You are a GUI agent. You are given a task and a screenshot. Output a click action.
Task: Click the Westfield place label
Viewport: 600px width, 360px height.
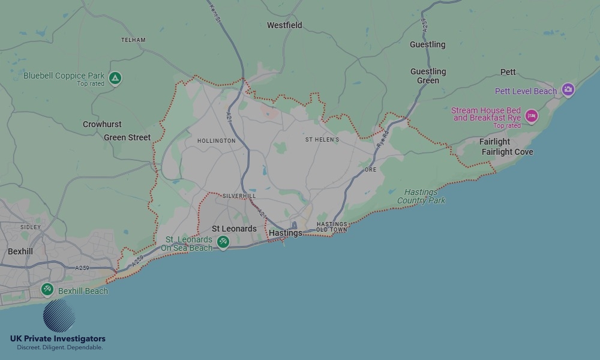[x=284, y=25]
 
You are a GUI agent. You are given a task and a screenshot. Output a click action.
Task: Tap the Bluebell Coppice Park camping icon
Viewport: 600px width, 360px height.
[x=115, y=77]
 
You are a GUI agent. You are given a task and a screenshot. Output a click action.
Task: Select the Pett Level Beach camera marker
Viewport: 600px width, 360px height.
[x=568, y=91]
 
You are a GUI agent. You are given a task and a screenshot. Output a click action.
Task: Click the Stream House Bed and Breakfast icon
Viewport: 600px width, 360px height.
[x=531, y=115]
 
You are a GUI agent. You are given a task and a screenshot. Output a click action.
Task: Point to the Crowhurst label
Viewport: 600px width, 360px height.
[x=102, y=124]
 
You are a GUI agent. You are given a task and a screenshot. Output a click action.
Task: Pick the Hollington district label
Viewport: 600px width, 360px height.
[x=216, y=141]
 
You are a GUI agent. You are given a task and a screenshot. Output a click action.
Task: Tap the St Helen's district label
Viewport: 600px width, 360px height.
[x=322, y=140]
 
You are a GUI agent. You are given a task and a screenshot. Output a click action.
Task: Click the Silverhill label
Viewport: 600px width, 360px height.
[x=239, y=196]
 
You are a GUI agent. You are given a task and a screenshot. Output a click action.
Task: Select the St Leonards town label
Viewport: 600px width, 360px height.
[x=234, y=229]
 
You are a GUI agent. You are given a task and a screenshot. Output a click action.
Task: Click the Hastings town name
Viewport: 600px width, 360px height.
[x=286, y=233]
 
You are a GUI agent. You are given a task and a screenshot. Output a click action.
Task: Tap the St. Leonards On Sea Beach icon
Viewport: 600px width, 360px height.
[x=223, y=242]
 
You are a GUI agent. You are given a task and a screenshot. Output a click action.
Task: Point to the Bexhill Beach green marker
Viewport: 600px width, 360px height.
[x=47, y=290]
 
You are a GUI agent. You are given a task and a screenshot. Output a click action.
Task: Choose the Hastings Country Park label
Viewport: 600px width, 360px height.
[x=421, y=196]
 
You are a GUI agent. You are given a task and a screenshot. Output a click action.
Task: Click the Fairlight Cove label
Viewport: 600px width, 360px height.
[x=507, y=152]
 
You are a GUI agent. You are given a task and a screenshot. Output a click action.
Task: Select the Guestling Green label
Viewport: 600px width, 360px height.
[x=428, y=76]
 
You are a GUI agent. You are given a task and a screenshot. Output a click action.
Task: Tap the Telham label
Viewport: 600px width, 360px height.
[x=133, y=40]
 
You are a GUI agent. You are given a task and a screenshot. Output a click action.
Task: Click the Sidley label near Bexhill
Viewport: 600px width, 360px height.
[x=31, y=227]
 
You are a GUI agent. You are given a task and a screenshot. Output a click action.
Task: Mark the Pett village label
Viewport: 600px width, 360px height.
[x=508, y=72]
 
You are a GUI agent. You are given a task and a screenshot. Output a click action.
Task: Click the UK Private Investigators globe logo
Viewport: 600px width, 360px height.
[x=59, y=316]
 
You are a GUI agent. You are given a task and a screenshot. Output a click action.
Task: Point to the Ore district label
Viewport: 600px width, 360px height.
[x=371, y=170]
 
